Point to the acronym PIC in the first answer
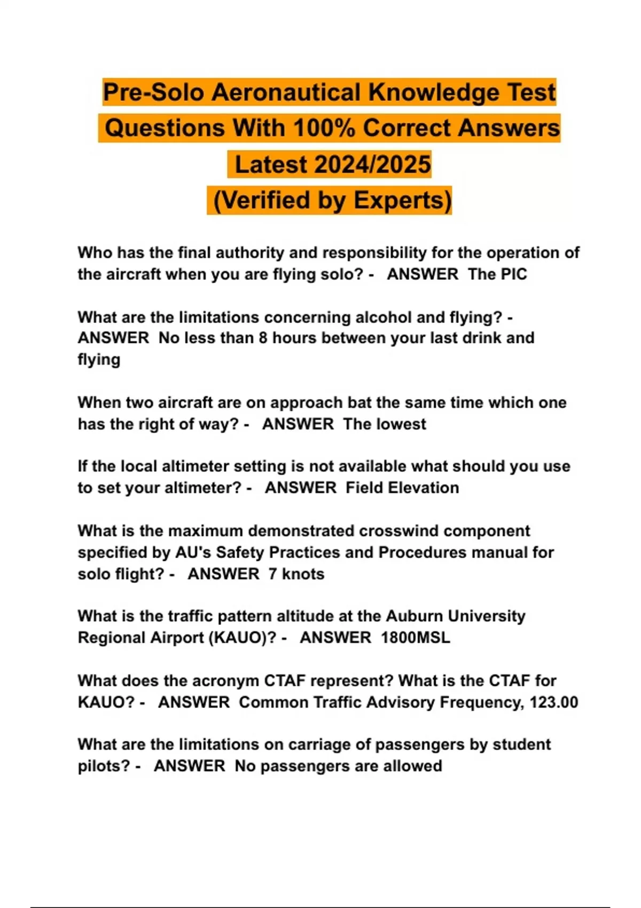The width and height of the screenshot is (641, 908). pyautogui.click(x=513, y=274)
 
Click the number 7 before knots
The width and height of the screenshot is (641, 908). pyautogui.click(x=272, y=574)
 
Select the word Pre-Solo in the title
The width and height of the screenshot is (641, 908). pyautogui.click(x=153, y=92)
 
